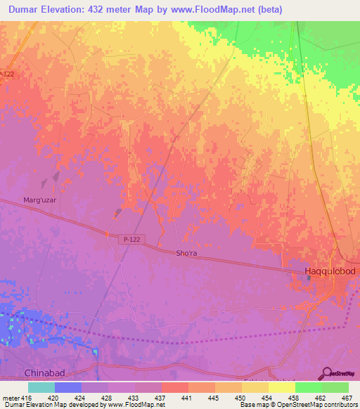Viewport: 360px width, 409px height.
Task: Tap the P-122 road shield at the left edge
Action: (7, 74)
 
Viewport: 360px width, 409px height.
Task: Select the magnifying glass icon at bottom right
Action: (327, 373)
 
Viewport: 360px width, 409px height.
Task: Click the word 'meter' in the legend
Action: (10, 397)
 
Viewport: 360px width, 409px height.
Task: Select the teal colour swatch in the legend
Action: (41, 387)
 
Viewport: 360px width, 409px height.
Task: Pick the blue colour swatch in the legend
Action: (67, 387)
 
